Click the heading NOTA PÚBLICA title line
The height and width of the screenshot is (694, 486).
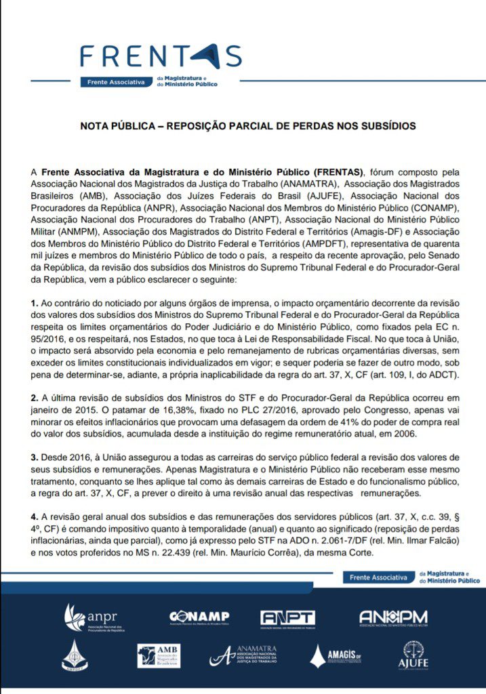(x=247, y=126)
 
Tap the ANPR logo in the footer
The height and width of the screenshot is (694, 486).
(x=91, y=617)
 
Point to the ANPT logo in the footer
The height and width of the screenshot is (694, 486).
(x=287, y=618)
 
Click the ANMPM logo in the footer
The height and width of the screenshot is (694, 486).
(x=393, y=617)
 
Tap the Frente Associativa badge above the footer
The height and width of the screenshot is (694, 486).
(x=379, y=577)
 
